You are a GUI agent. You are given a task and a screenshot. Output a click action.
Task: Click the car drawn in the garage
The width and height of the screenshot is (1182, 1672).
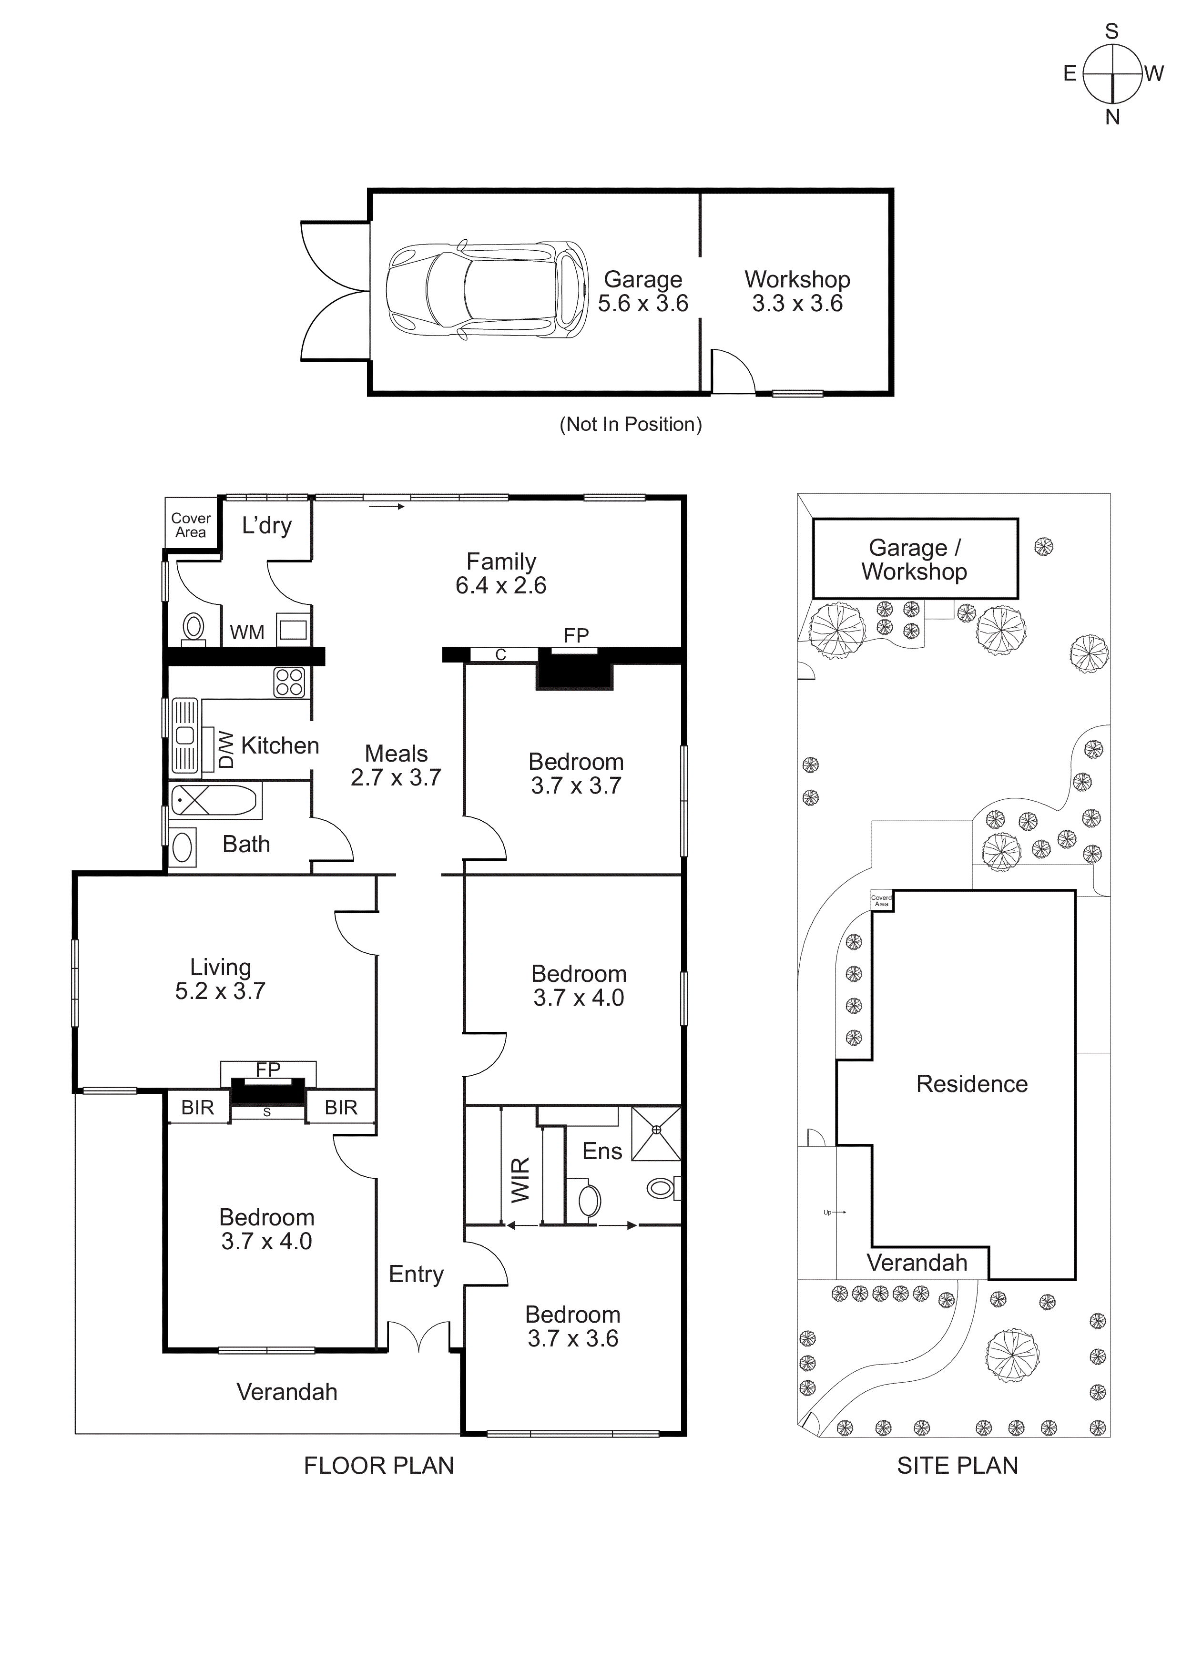tap(487, 290)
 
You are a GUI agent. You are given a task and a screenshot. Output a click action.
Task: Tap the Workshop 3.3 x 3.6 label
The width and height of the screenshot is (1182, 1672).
tap(797, 291)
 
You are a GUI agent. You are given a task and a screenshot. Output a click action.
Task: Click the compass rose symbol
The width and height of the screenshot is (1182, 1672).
tap(1111, 73)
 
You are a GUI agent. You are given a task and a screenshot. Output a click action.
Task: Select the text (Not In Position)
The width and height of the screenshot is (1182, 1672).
tap(630, 425)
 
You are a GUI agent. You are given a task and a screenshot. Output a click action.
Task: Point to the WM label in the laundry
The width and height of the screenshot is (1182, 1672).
tap(247, 632)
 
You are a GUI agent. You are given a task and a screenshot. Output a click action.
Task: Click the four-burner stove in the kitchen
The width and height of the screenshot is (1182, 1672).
tap(289, 683)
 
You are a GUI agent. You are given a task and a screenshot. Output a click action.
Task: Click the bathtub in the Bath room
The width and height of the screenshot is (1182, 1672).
tap(214, 800)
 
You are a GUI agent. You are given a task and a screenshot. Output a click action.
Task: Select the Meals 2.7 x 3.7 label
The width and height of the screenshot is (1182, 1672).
tap(396, 765)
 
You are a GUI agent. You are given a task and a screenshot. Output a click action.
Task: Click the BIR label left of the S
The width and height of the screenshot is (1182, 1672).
tap(197, 1108)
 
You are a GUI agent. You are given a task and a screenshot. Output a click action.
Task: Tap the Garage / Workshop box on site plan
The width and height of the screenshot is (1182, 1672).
tap(914, 559)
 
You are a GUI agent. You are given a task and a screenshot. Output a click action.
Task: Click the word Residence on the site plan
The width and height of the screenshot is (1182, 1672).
tap(971, 1083)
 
